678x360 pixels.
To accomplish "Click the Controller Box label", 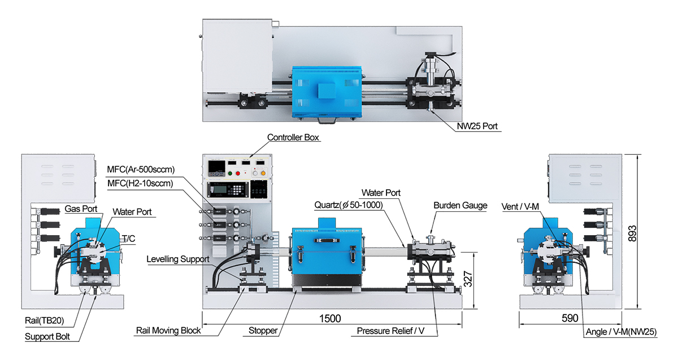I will (x=293, y=137).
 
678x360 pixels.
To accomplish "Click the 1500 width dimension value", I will (x=330, y=319).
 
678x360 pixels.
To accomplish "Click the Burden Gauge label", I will (x=460, y=205).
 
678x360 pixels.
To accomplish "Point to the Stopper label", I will (x=263, y=331).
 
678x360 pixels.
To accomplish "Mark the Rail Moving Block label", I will (x=168, y=331).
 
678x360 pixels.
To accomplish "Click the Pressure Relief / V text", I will (x=390, y=331).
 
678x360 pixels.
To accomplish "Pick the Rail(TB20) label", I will (x=44, y=320).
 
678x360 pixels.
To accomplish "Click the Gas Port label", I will (x=81, y=209).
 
